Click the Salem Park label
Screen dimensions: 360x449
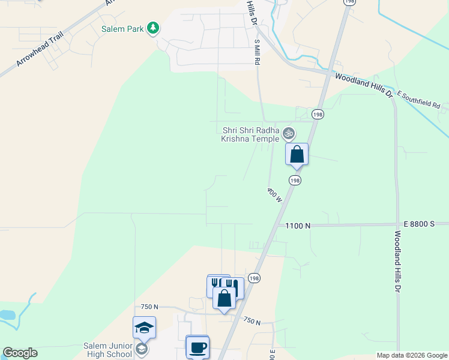(122, 28)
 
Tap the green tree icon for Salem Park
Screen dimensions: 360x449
(153, 28)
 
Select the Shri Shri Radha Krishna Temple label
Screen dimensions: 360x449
(251, 134)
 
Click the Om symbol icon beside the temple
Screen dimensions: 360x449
(289, 133)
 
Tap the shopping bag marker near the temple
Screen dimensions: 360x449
(297, 155)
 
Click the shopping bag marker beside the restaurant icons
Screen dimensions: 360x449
(224, 298)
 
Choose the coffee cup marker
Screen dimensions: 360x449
(198, 347)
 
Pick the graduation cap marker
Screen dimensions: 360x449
(144, 328)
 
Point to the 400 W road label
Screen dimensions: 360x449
(275, 195)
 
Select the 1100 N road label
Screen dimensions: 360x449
(298, 226)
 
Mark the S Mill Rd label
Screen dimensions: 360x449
(257, 52)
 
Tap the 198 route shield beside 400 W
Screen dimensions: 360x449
(294, 180)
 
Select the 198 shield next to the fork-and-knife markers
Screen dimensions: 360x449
(254, 278)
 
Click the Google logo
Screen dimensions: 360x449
(20, 353)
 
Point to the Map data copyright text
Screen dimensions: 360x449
(411, 355)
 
